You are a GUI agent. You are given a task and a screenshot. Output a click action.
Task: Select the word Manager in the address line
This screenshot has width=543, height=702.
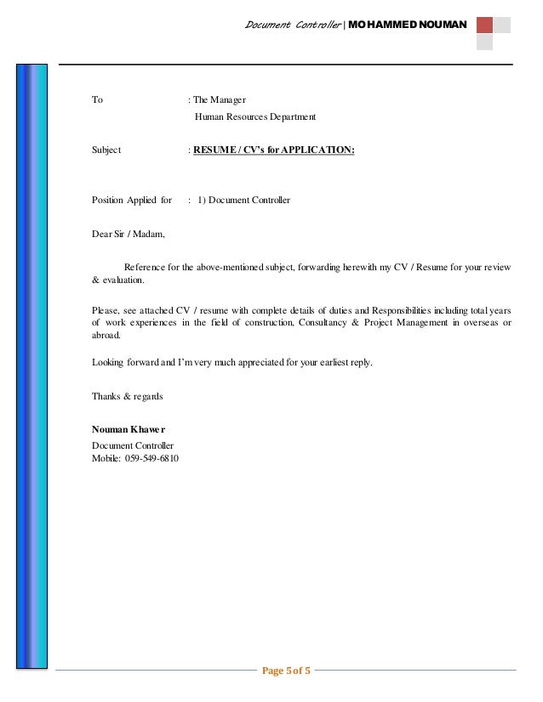(230, 100)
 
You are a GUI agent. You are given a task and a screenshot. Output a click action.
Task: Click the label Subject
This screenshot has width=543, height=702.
(106, 150)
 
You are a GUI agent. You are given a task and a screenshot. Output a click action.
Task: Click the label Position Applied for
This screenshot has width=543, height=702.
(131, 201)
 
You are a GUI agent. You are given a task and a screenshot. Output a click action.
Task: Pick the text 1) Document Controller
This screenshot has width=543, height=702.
(243, 201)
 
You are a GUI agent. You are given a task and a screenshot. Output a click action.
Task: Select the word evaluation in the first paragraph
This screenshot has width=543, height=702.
(123, 280)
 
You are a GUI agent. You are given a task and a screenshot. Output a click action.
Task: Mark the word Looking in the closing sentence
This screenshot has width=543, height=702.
(108, 363)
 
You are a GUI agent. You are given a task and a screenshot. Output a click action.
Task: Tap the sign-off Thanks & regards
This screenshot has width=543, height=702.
(127, 397)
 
